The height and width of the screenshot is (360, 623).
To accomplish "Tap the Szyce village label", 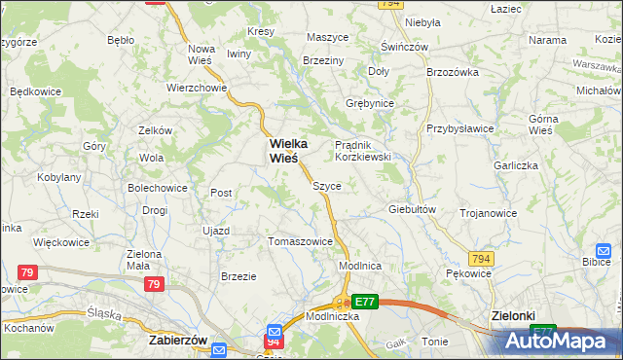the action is (326, 185).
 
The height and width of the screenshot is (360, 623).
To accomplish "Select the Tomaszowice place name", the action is (301, 241).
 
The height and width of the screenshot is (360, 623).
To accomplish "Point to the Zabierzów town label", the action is (179, 342).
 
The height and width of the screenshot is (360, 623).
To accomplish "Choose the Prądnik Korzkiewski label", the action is (363, 150).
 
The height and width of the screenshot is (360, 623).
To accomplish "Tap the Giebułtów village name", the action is (411, 209).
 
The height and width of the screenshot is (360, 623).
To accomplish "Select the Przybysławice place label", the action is (460, 128).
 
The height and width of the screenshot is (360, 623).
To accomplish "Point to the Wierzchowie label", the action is (197, 87).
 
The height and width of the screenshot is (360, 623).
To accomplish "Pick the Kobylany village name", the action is (58, 178).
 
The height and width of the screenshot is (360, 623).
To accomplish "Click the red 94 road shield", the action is (274, 341).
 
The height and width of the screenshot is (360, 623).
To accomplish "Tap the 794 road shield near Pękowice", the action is (481, 258).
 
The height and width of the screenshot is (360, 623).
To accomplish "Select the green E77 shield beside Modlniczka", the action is (364, 303).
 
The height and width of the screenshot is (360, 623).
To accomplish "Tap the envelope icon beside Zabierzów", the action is (219, 349).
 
